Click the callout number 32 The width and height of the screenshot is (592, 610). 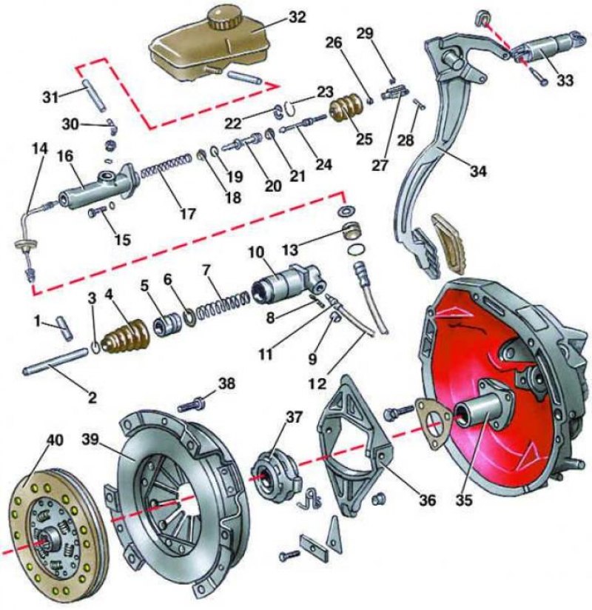(x=297, y=18)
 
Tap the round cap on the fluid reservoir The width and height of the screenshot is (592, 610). (x=219, y=17)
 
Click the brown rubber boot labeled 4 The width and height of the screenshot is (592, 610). (x=126, y=337)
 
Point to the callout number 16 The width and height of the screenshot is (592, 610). (x=65, y=156)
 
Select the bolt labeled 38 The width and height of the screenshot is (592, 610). (x=191, y=406)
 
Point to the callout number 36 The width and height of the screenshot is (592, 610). (x=428, y=500)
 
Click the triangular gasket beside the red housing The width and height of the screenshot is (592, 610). (x=432, y=422)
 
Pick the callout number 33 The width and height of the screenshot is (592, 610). (x=565, y=80)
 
